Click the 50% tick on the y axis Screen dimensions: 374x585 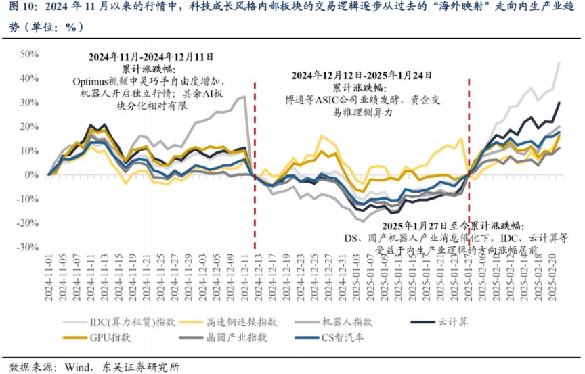point(28,54)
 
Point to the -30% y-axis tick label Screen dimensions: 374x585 point(27,248)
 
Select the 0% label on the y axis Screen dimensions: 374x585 point(31,174)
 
